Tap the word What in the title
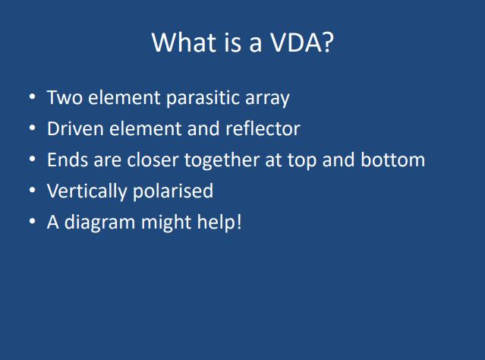click(x=184, y=42)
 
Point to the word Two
click(x=65, y=97)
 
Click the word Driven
click(x=75, y=128)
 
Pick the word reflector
click(x=263, y=128)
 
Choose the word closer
click(x=153, y=159)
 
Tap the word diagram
click(x=99, y=223)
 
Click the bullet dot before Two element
click(x=32, y=96)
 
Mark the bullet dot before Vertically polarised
click(x=32, y=190)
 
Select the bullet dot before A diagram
click(x=32, y=221)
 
